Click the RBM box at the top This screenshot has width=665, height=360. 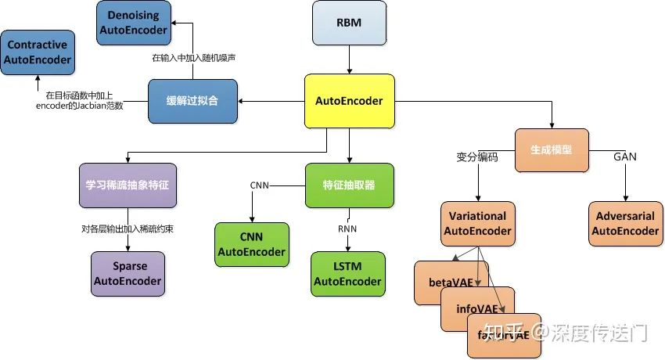tap(349, 23)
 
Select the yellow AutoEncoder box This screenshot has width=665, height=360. tap(349, 101)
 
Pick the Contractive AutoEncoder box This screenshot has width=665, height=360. tap(38, 52)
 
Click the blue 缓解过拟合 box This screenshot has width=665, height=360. tap(192, 101)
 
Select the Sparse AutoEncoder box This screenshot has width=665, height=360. tap(128, 274)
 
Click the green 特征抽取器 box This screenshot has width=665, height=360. tap(349, 185)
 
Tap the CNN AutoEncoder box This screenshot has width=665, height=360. tap(252, 245)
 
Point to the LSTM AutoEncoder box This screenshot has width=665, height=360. tap(348, 274)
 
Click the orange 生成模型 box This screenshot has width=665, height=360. tap(552, 152)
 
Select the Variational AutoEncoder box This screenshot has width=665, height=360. tap(477, 224)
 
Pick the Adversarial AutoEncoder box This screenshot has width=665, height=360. tap(625, 224)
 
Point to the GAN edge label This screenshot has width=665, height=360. tap(624, 157)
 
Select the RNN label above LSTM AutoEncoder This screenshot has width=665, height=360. tap(348, 229)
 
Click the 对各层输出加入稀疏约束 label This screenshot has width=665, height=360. tap(128, 229)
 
